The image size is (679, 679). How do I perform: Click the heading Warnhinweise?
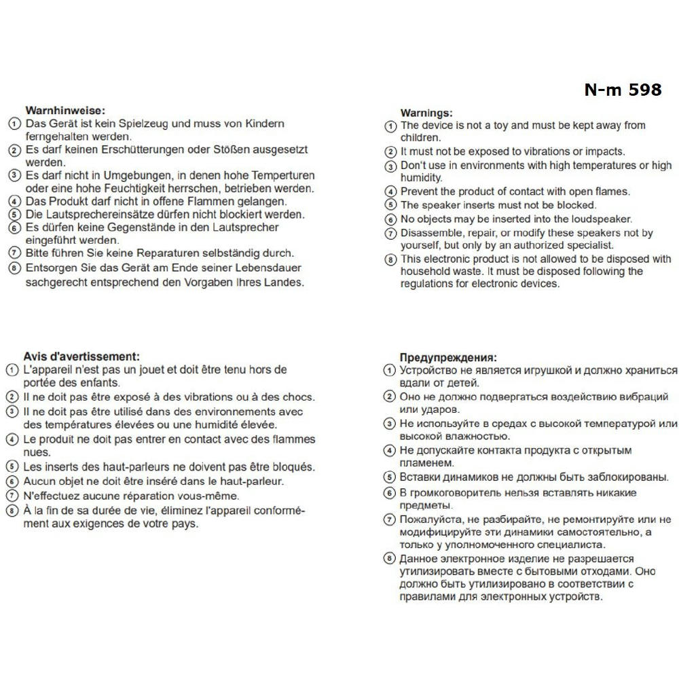click(65, 110)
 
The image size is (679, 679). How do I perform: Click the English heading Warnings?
click(426, 113)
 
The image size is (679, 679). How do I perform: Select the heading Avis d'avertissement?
click(81, 356)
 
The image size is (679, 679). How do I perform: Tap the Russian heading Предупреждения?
click(447, 357)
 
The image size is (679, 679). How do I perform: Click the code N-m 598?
click(622, 90)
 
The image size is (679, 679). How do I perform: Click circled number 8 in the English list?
click(390, 260)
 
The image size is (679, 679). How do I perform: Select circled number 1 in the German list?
click(14, 125)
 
